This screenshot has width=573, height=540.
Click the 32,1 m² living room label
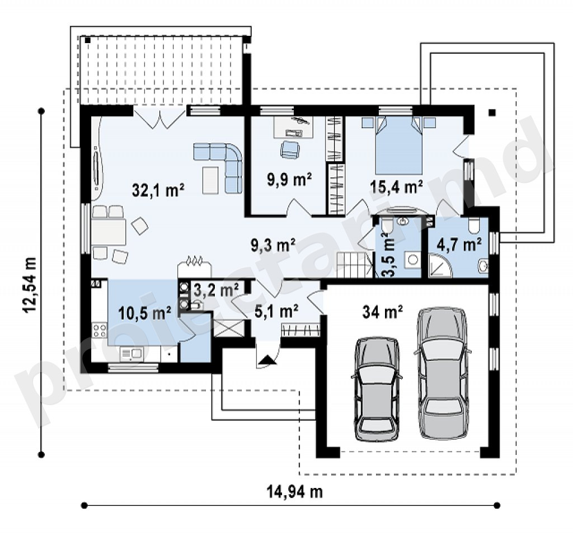point(158,190)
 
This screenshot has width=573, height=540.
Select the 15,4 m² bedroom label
point(397,186)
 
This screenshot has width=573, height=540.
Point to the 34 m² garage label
point(383,311)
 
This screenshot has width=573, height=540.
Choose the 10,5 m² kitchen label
point(145,313)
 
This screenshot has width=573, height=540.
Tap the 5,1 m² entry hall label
point(276,311)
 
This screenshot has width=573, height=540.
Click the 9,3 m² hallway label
point(273,246)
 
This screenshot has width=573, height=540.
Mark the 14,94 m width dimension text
point(294,492)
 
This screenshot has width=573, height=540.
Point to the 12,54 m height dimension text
point(30,285)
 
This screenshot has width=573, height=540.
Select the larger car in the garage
point(443,373)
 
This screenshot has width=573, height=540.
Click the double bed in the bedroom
point(399,145)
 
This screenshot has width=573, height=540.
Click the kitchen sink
point(131,354)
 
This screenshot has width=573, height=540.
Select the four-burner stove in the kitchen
point(99,330)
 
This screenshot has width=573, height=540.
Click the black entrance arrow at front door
point(267,360)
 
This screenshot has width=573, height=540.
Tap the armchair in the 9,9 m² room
point(290,150)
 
